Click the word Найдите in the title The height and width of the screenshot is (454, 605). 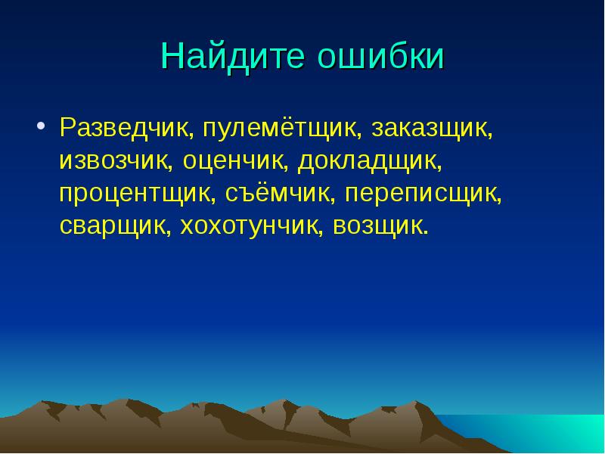click(x=231, y=58)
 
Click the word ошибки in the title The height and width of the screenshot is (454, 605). click(x=380, y=58)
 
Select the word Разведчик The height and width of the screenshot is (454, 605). click(x=129, y=129)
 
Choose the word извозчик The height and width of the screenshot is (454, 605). click(x=116, y=161)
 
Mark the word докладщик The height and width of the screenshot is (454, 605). click(x=368, y=161)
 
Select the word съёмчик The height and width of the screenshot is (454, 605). click(x=280, y=194)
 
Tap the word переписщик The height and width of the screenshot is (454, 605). click(x=423, y=194)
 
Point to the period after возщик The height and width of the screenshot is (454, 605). click(x=425, y=233)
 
